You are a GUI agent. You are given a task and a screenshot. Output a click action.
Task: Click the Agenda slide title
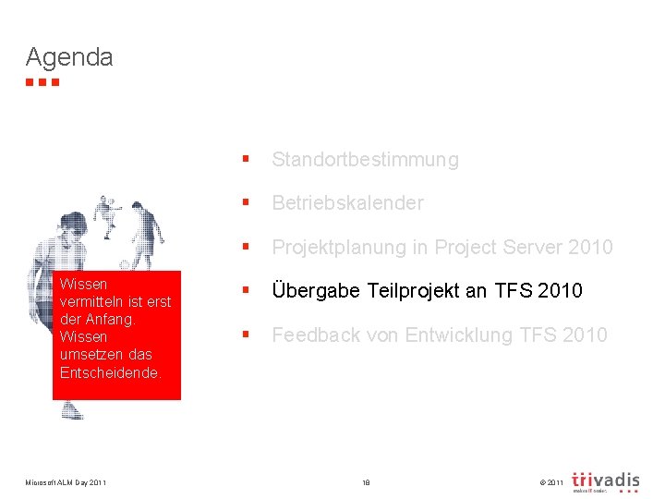point(69,57)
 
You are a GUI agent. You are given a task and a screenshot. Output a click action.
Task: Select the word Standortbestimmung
point(365,160)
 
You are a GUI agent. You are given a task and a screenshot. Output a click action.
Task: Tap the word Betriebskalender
point(347,203)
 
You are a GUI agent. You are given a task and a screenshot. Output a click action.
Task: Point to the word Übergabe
point(315,291)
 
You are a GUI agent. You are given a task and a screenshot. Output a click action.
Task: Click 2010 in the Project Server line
point(590,248)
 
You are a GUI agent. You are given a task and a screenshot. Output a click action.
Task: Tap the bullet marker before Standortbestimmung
point(245,160)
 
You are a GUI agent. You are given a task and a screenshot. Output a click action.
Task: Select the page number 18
point(366,482)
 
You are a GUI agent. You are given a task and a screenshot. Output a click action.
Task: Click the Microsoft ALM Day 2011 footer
point(66,482)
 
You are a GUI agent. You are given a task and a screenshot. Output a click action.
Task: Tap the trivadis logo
point(605,481)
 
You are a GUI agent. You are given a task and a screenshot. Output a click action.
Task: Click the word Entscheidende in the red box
point(109,372)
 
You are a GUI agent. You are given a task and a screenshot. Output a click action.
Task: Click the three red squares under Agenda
point(42,82)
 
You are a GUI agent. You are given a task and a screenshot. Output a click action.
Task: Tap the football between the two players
point(125,265)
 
